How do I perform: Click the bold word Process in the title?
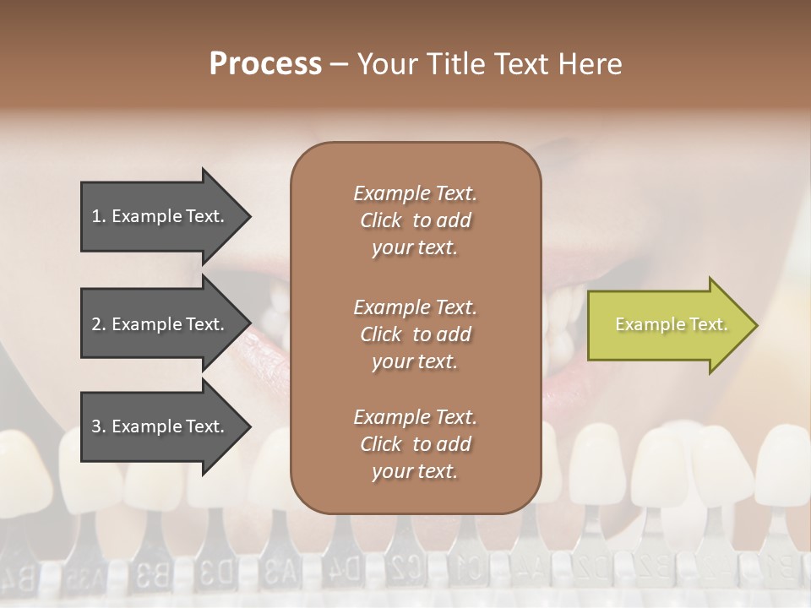point(265,64)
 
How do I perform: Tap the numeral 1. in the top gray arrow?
point(99,216)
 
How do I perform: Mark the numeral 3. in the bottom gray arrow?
point(99,426)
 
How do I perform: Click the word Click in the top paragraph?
point(381,220)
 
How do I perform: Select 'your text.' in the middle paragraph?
point(414,361)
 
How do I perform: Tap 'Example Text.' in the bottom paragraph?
point(415,417)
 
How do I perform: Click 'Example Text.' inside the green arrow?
point(672,324)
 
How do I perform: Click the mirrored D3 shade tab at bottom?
point(215,578)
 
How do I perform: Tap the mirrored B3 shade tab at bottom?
point(152,578)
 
